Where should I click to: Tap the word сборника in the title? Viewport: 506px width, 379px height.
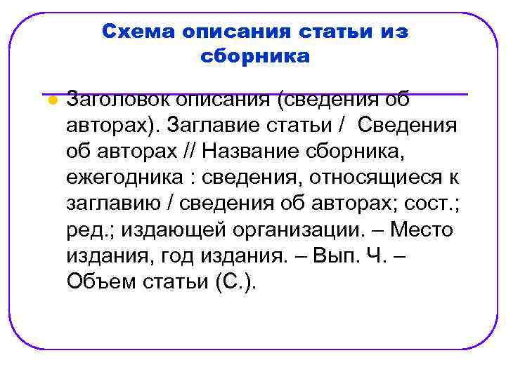click(254, 56)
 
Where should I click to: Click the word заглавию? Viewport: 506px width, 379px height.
click(114, 204)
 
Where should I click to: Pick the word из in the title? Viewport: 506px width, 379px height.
click(395, 32)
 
